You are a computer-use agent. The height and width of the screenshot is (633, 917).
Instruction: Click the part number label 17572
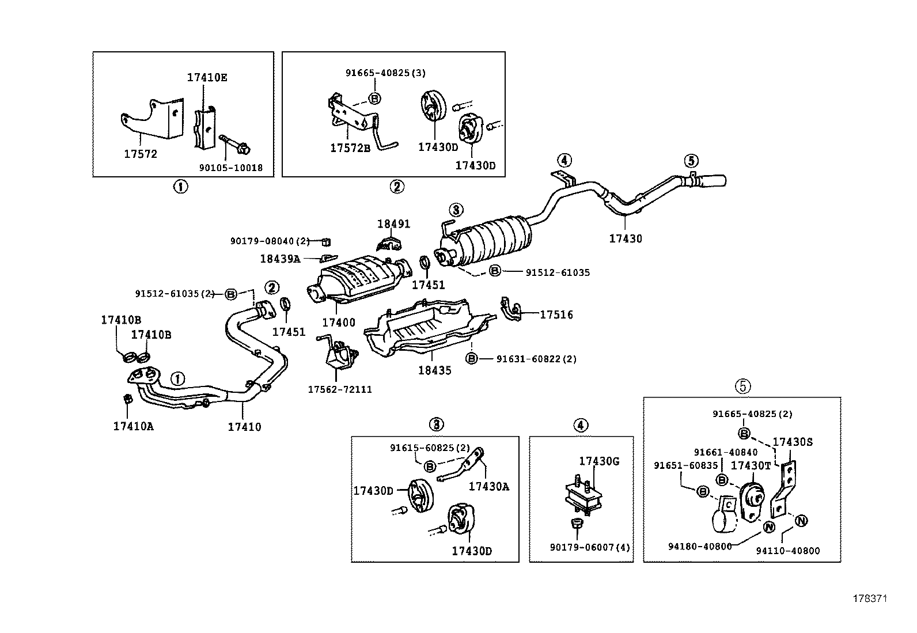point(141,154)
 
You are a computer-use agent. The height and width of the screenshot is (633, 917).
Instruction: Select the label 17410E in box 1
point(207,77)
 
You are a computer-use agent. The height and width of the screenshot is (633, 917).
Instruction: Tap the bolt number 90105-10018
point(231,168)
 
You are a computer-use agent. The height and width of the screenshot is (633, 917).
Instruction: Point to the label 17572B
point(350,148)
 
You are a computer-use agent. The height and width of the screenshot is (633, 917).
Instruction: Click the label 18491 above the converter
point(394,224)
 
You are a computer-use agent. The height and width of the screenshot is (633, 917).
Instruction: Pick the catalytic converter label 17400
point(339,323)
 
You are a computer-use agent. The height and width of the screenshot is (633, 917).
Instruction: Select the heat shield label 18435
point(435,370)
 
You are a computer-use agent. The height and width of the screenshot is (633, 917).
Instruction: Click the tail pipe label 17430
point(626,238)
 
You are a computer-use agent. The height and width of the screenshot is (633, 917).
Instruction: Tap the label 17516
point(556,314)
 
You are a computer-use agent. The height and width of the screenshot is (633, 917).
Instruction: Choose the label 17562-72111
point(339,389)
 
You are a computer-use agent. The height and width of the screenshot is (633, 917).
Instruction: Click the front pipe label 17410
point(244,427)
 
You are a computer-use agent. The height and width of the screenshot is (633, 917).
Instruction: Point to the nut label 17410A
point(134,426)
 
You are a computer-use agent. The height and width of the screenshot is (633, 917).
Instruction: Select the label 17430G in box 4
point(599,461)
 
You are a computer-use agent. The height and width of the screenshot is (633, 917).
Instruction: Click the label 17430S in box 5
point(793,442)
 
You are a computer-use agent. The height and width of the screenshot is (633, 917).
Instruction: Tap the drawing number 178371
point(870,598)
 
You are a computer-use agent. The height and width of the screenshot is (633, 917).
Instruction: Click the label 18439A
point(280,259)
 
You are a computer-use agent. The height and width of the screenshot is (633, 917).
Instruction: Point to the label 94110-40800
point(787,551)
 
